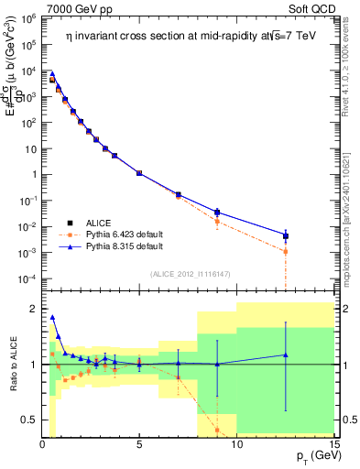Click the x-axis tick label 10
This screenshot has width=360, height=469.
click(x=236, y=444)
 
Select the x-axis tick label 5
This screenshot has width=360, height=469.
click(x=139, y=444)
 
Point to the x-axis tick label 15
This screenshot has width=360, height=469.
click(x=333, y=444)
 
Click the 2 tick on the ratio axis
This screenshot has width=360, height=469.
click(x=32, y=309)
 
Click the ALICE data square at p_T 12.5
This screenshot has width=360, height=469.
click(x=286, y=236)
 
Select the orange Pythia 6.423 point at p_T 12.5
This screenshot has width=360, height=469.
click(x=286, y=251)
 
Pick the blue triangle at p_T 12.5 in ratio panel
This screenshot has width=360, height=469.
click(x=286, y=354)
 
